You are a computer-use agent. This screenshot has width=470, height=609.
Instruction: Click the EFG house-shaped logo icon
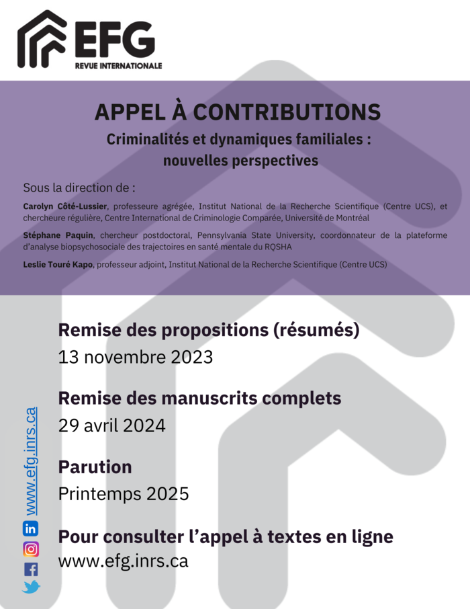[x=42, y=40]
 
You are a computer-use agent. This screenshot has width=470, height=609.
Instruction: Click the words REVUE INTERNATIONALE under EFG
[x=118, y=65]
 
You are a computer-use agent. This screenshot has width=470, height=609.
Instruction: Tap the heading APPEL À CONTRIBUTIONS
[x=238, y=112]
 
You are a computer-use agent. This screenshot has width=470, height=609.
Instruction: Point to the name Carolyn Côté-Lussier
[x=64, y=206]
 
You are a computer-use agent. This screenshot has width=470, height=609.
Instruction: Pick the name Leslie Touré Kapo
[x=62, y=265]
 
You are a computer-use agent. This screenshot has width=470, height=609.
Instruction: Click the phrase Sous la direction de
[x=79, y=187]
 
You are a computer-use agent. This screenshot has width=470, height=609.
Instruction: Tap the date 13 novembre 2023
[x=136, y=357]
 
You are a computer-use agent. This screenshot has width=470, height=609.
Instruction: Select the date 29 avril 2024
[x=111, y=425]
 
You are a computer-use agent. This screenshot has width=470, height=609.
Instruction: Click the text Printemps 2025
[x=124, y=494]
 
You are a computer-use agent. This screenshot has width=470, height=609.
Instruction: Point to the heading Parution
[x=95, y=466]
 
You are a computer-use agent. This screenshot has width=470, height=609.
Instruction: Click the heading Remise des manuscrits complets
[x=199, y=398]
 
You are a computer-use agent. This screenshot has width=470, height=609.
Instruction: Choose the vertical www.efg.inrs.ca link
[x=30, y=460]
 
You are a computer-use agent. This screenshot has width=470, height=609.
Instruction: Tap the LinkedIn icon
[x=31, y=528]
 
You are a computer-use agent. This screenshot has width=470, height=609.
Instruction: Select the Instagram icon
[x=31, y=549]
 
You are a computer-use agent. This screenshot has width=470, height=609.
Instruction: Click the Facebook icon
[x=31, y=569]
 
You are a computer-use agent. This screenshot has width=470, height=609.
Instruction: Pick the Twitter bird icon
[x=31, y=587]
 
